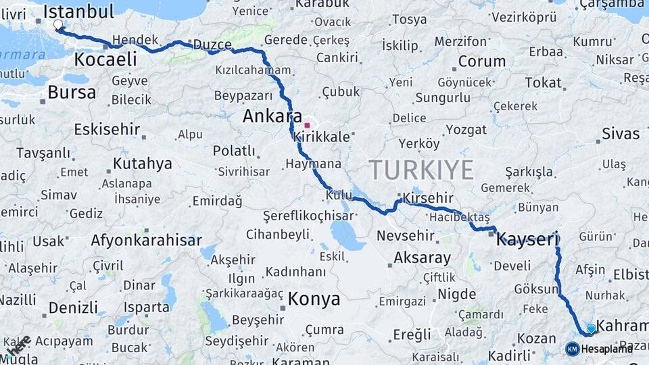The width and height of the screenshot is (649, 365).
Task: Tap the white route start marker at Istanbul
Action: [x=57, y=25]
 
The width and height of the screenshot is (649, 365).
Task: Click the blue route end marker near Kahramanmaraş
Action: [x=592, y=328]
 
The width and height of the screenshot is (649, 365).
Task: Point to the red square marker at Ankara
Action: [x=307, y=125]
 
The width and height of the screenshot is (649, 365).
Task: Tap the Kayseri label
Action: [x=527, y=239]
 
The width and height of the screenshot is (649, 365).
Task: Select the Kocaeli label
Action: [x=105, y=59]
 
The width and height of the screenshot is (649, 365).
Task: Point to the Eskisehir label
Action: [x=107, y=129]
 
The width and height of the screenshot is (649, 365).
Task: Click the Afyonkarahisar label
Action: [x=146, y=240]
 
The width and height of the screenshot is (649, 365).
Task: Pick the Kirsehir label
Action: [x=428, y=198]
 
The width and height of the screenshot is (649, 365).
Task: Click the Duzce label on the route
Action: [x=212, y=45]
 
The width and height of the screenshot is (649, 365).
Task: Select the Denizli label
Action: [x=73, y=308]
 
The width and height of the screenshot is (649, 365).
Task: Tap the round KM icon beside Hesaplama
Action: [x=572, y=349]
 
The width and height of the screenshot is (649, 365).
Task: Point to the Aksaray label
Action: [x=422, y=258]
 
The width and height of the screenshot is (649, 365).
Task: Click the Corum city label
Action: [x=482, y=62]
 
